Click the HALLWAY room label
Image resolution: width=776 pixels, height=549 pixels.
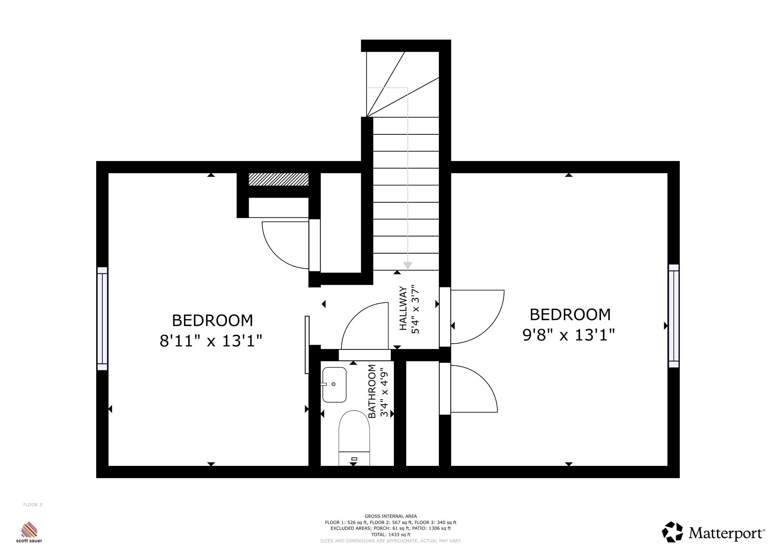click(404, 309)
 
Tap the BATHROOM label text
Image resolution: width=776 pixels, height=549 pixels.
click(372, 391)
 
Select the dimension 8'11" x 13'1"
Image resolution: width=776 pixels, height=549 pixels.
click(211, 341)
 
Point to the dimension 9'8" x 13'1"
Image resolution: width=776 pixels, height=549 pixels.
click(569, 335)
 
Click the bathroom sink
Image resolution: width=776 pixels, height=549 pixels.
click(334, 385)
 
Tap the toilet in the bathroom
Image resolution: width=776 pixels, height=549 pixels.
click(354, 438)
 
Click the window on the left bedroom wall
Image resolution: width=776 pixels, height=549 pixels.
click(102, 318)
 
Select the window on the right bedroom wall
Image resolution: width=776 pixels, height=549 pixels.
click(674, 316)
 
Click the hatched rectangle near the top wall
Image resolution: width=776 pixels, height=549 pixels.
click(279, 179)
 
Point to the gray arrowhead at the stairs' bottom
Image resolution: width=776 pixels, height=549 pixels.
click(407, 266)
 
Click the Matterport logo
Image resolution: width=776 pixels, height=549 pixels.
click(713, 532)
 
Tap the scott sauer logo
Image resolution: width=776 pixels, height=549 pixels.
click(29, 532)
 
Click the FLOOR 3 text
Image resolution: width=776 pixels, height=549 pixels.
click(33, 505)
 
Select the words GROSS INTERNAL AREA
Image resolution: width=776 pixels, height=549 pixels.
click(391, 516)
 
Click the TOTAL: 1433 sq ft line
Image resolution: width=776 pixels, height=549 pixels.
click(391, 535)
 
